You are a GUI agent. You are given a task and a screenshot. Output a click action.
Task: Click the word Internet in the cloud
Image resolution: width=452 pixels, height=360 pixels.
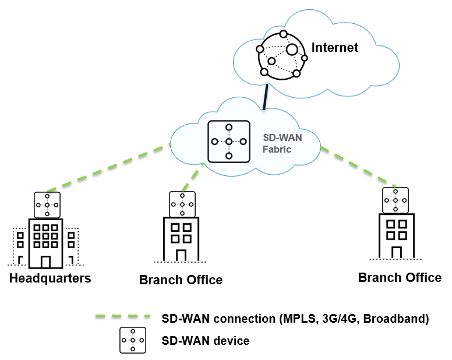pyautogui.click(x=335, y=47)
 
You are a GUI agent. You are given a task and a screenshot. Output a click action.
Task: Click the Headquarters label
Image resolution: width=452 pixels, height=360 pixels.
pyautogui.click(x=50, y=278)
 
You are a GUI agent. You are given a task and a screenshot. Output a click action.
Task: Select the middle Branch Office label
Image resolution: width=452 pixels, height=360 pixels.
pyautogui.click(x=181, y=280)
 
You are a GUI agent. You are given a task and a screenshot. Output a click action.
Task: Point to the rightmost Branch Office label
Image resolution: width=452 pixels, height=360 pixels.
pyautogui.click(x=400, y=277)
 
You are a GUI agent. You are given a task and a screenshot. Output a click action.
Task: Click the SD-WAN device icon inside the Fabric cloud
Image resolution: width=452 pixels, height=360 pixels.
pyautogui.click(x=229, y=142)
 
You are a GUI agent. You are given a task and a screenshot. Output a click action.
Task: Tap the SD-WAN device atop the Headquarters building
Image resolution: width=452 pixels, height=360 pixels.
pyautogui.click(x=47, y=204)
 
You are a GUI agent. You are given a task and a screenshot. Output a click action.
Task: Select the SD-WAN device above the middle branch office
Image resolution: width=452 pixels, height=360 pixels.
pyautogui.click(x=182, y=204)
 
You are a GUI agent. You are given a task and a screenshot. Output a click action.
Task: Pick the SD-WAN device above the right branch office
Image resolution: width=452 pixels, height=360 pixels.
pyautogui.click(x=395, y=200)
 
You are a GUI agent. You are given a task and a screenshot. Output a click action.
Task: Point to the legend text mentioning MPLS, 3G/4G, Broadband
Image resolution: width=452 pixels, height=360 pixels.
pyautogui.click(x=295, y=318)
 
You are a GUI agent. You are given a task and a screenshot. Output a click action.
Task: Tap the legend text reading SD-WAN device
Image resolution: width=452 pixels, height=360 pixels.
pyautogui.click(x=205, y=340)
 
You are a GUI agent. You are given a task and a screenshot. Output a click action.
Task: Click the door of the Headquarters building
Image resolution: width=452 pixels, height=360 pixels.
pyautogui.click(x=46, y=261)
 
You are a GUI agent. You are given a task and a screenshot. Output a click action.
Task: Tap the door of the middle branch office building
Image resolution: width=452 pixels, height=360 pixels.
pyautogui.click(x=181, y=255)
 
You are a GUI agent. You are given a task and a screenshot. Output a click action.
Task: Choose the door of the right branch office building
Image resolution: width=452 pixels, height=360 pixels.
pyautogui.click(x=396, y=252)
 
